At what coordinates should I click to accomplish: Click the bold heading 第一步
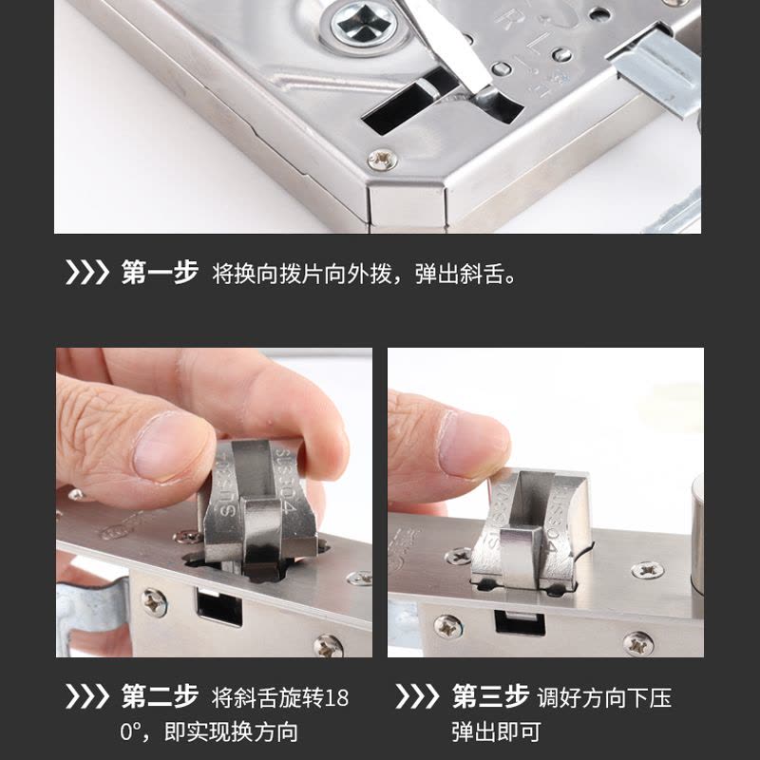[x=160, y=273]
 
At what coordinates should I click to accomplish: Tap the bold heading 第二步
[x=160, y=697]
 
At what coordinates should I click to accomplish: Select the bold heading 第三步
[x=490, y=697]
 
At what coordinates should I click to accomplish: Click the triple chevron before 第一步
[x=86, y=273]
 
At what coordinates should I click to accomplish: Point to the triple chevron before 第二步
[x=86, y=697]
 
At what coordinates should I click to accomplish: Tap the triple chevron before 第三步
[x=417, y=697]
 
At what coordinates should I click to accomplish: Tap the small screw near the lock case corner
[x=383, y=159]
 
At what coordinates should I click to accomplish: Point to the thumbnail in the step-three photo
[x=471, y=444]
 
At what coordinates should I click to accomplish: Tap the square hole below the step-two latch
[x=219, y=605]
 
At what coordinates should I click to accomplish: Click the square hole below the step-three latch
[x=519, y=623]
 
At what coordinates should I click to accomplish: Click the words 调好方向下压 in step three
[x=604, y=698]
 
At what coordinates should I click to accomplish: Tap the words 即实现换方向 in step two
[x=231, y=731]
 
